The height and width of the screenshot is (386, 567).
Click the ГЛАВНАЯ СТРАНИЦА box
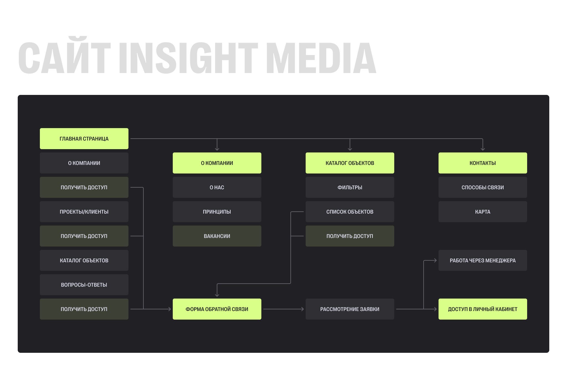[84, 139]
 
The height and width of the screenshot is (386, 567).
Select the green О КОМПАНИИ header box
[217, 163]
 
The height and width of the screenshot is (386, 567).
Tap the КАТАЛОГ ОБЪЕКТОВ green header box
[350, 163]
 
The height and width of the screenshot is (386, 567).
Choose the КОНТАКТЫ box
[483, 163]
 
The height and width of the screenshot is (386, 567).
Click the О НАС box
[217, 187]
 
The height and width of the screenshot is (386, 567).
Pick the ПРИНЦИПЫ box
[217, 212]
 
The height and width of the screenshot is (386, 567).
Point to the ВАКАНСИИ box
[217, 236]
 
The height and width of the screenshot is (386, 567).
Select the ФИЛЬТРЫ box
[350, 187]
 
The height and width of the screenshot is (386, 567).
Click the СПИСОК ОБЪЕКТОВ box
[350, 212]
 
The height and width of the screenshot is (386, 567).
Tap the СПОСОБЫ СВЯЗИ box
[483, 187]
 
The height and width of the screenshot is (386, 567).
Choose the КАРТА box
[483, 212]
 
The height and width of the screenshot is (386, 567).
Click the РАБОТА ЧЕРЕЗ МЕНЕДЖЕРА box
[483, 260]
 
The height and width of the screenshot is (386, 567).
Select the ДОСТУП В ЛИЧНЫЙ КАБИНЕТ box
[483, 309]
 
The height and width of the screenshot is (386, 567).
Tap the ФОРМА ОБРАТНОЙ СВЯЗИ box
[217, 309]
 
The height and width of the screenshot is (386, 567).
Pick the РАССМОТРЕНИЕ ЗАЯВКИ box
[350, 309]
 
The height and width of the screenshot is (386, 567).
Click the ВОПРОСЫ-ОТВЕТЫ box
[84, 285]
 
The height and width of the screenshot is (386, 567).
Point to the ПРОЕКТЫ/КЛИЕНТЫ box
[84, 212]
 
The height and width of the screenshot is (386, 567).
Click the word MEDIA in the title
[321, 58]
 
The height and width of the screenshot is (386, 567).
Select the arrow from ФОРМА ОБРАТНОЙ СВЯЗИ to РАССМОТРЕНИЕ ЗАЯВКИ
[283, 309]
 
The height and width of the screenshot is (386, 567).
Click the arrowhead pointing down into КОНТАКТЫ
[483, 149]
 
